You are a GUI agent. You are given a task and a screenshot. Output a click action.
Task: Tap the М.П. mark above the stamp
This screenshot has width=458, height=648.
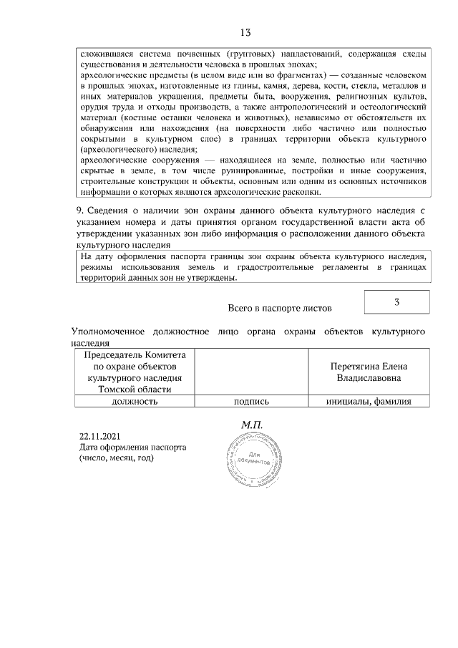[x=253, y=425]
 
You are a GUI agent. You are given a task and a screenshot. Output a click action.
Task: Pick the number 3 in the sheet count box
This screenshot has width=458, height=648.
[x=396, y=302]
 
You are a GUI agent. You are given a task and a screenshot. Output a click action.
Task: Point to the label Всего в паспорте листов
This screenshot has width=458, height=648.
[x=280, y=309]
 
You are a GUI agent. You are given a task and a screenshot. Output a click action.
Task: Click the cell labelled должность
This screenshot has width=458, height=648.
[x=134, y=402]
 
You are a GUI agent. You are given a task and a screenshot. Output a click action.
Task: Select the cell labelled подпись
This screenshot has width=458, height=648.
[x=250, y=402]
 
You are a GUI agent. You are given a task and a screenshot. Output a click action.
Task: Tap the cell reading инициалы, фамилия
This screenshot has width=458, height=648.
[x=369, y=402]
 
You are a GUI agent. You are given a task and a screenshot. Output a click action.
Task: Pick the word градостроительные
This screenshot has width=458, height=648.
[x=269, y=267]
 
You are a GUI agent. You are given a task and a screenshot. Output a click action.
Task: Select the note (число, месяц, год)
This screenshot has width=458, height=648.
[x=117, y=458]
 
